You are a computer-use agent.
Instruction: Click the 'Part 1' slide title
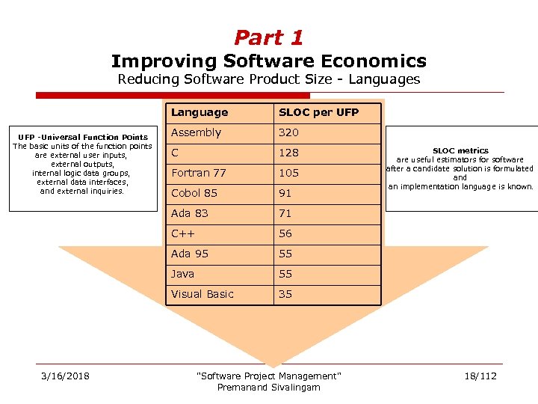click(x=268, y=37)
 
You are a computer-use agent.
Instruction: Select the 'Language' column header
click(x=200, y=112)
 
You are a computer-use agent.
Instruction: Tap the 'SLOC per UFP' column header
click(x=318, y=112)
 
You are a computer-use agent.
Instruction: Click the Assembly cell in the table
click(x=196, y=132)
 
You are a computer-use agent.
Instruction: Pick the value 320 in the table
click(x=288, y=132)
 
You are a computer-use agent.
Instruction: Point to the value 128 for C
click(x=288, y=153)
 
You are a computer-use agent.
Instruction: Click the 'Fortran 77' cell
click(x=198, y=173)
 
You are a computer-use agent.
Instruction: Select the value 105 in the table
click(x=288, y=173)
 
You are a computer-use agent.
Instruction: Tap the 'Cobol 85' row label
click(x=194, y=193)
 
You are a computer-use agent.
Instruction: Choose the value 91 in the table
click(x=285, y=193)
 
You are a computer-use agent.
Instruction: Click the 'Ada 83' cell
click(x=191, y=213)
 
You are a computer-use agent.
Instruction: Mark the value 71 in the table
click(x=285, y=213)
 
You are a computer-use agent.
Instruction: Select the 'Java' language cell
click(x=183, y=274)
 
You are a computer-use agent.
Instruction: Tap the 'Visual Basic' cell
click(x=202, y=294)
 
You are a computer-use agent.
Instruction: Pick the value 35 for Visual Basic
click(x=285, y=294)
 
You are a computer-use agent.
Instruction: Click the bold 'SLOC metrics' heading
click(x=460, y=150)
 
